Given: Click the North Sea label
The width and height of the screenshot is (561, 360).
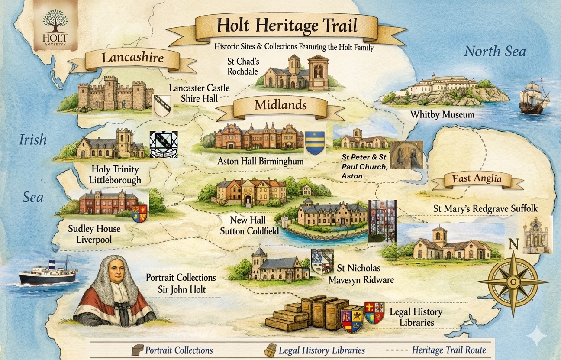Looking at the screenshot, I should coord(495,52).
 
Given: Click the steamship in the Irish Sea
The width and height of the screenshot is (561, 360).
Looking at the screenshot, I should coord(48,273).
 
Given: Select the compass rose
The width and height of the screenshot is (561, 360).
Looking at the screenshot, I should coord(513,281).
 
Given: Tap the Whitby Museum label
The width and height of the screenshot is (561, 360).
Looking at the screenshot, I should coord(442,115).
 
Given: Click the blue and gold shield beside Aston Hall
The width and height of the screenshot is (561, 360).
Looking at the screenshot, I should coord(314,143).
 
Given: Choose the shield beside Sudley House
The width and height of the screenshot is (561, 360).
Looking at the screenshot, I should coord(139,214).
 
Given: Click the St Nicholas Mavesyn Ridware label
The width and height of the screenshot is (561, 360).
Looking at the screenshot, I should coord(361,275).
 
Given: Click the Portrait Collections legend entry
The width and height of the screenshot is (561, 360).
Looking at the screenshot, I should coord(173,350).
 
